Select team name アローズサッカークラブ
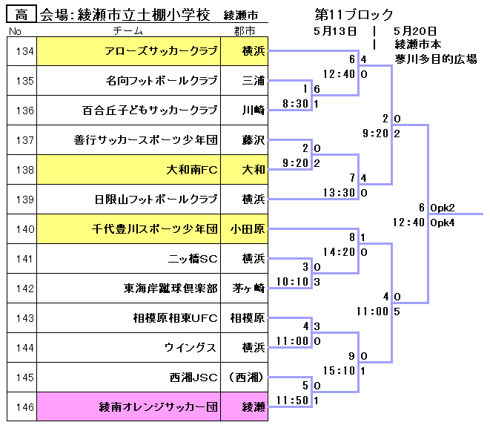[x=162, y=51]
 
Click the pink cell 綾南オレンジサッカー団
[x=159, y=407]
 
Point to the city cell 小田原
[x=248, y=229]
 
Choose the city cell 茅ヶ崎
[x=248, y=289]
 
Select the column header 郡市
[x=244, y=31]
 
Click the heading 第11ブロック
[x=354, y=14]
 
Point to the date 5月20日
[x=415, y=30]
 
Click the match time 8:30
[x=297, y=105]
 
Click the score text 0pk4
[x=443, y=223]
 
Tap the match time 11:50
[x=297, y=401]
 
